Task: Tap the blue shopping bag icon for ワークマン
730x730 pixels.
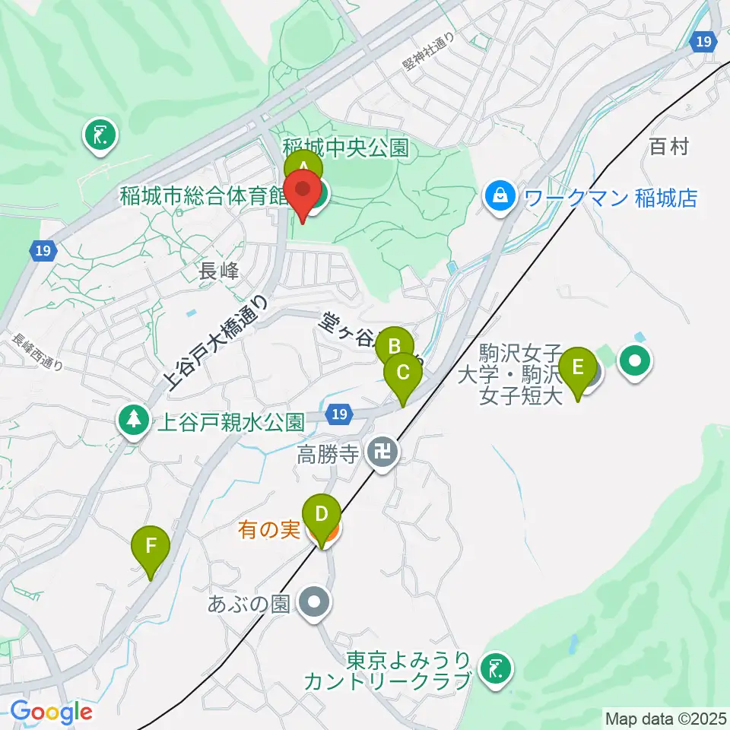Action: click(501, 198)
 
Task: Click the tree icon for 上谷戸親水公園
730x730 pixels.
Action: click(134, 418)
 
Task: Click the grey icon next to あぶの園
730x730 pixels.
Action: click(313, 604)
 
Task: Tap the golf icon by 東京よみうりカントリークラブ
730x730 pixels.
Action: click(497, 670)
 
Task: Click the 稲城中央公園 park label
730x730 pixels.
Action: click(346, 147)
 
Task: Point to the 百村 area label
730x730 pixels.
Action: click(669, 147)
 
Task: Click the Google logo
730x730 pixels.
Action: click(51, 713)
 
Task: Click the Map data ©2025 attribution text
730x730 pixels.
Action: click(664, 718)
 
